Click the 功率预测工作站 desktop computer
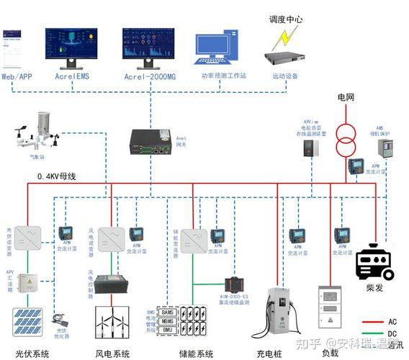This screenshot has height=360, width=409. click(x=218, y=48)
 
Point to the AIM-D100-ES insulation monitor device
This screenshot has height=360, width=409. click(x=235, y=283)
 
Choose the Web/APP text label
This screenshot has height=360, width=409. click(x=17, y=76)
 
